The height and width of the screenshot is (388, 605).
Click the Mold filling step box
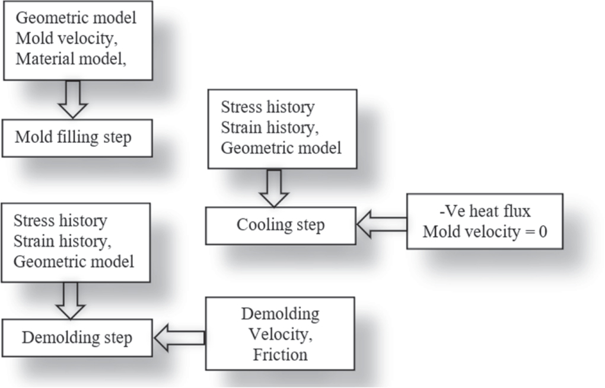point(77,138)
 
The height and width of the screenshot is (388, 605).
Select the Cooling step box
point(281,226)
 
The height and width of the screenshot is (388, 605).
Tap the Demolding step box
point(77,338)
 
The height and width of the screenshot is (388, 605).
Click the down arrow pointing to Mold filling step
point(73,100)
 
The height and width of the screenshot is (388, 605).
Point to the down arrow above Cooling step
point(274,187)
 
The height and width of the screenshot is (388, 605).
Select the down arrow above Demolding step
point(70,300)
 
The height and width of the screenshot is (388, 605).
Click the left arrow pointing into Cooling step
point(381,225)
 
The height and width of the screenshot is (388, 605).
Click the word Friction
point(280,355)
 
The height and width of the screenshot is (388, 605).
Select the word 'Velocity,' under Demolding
point(280,335)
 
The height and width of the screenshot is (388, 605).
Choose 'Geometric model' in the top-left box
point(76,18)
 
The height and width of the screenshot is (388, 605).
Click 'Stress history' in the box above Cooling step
point(268,108)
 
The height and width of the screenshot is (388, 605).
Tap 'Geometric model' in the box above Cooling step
point(281,148)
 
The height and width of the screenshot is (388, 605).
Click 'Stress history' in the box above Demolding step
point(60,222)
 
